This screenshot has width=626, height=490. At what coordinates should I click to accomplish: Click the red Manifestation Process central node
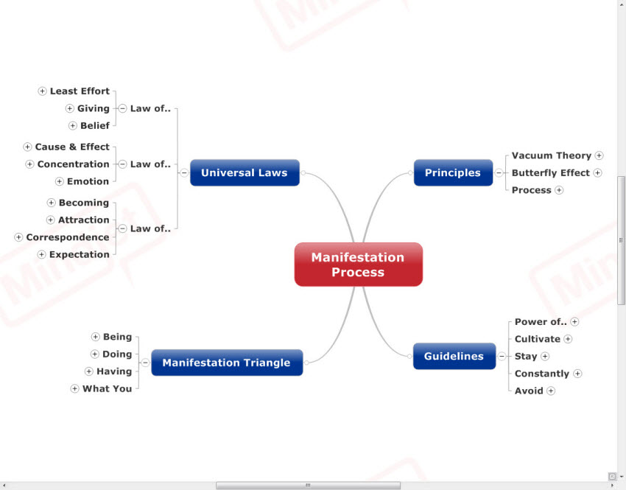[x=358, y=265]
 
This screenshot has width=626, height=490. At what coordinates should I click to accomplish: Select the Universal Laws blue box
[x=245, y=173]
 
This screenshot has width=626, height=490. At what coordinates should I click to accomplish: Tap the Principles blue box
[x=452, y=173]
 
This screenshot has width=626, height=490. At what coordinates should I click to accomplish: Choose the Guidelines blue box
[x=454, y=357]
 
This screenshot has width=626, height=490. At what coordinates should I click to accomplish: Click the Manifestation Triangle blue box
[x=226, y=363]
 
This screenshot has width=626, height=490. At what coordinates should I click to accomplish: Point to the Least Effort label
[x=80, y=91]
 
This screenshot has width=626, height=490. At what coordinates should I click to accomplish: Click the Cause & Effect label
[x=72, y=147]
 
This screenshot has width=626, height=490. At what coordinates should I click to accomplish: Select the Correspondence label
[x=68, y=237]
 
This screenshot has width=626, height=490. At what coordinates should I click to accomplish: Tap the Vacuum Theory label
[x=552, y=155]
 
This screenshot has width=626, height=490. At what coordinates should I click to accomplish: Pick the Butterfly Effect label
[x=551, y=173]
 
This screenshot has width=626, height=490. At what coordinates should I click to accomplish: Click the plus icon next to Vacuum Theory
[x=599, y=155]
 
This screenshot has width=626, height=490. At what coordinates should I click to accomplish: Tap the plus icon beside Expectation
[x=42, y=255]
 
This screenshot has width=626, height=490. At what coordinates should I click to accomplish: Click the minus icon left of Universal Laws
[x=183, y=173]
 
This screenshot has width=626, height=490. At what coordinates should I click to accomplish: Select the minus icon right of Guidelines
[x=502, y=357]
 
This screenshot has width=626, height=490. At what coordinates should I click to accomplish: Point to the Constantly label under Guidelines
[x=542, y=374]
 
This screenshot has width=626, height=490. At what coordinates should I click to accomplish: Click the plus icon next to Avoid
[x=551, y=391]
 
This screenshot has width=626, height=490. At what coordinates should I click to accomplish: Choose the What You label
[x=107, y=389]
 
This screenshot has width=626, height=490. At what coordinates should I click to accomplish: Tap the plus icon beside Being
[x=95, y=337]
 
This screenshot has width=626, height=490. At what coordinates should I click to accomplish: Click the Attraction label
[x=84, y=220]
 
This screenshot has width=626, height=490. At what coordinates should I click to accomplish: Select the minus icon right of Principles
[x=499, y=173]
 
